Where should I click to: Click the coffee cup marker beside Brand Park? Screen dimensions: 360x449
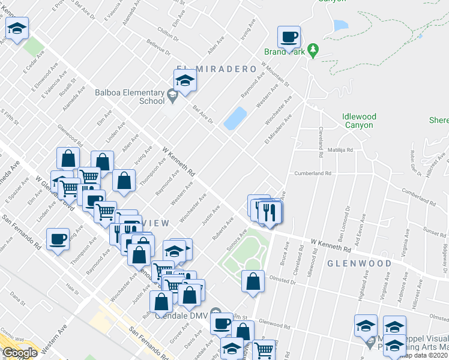289,38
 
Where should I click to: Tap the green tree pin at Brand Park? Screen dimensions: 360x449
312,49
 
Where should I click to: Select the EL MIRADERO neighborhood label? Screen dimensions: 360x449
217,70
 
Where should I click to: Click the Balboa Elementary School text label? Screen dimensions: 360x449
130,97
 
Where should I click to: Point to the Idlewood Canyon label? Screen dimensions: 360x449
359,121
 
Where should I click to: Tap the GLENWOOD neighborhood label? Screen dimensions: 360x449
360,263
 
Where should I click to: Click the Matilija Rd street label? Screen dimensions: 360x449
340,150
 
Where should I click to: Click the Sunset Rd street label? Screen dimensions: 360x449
435,230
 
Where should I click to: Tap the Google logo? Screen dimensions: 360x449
20,353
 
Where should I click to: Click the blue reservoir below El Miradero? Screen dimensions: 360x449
235,118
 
